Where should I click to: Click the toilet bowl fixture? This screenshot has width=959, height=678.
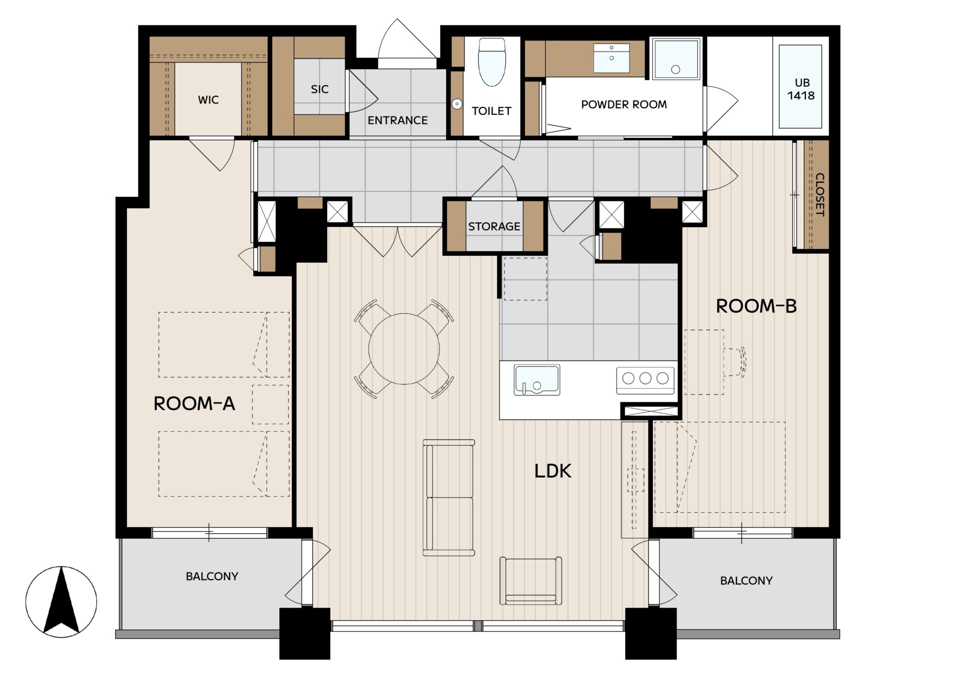492,62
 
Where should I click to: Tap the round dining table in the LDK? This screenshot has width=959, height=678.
404,349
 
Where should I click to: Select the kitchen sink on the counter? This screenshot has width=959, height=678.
537,380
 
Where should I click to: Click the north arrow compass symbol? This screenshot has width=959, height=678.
61,602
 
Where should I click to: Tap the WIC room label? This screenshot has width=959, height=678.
208,100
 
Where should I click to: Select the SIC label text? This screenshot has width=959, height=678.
320,89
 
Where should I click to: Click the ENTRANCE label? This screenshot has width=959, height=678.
398,120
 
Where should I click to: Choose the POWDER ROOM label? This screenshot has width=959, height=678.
624,104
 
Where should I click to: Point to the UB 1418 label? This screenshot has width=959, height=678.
802,89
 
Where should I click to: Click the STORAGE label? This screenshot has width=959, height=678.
494,226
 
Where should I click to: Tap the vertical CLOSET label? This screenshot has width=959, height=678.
820,194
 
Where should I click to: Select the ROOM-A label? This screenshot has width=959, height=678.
194,403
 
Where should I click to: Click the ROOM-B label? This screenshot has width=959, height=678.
756,306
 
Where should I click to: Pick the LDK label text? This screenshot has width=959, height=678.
552,471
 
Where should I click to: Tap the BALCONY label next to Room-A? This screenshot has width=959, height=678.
212,577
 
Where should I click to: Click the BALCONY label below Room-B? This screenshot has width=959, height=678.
746,581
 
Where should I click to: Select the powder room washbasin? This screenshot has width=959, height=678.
611,58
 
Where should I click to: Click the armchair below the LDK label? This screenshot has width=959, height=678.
530,581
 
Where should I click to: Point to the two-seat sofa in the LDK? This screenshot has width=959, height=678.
449,498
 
